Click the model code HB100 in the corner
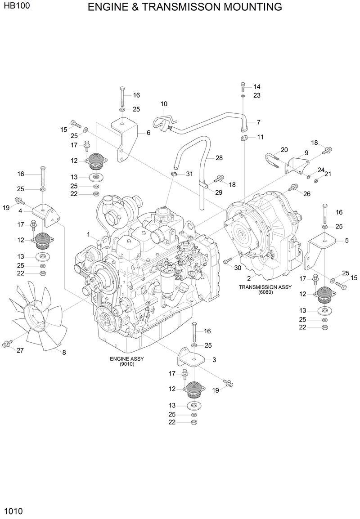[15, 7]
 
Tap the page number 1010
[13, 511]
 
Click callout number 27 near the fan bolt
[20, 350]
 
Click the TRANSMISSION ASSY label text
[265, 287]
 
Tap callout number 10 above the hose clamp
[164, 104]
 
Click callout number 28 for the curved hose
[219, 158]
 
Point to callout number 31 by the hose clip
[189, 174]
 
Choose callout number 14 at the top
[257, 86]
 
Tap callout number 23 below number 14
[257, 95]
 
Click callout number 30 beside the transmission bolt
[238, 268]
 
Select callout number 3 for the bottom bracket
[214, 359]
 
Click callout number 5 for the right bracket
[346, 241]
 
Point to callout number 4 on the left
[21, 210]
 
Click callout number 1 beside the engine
[89, 234]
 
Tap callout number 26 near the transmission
[307, 194]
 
